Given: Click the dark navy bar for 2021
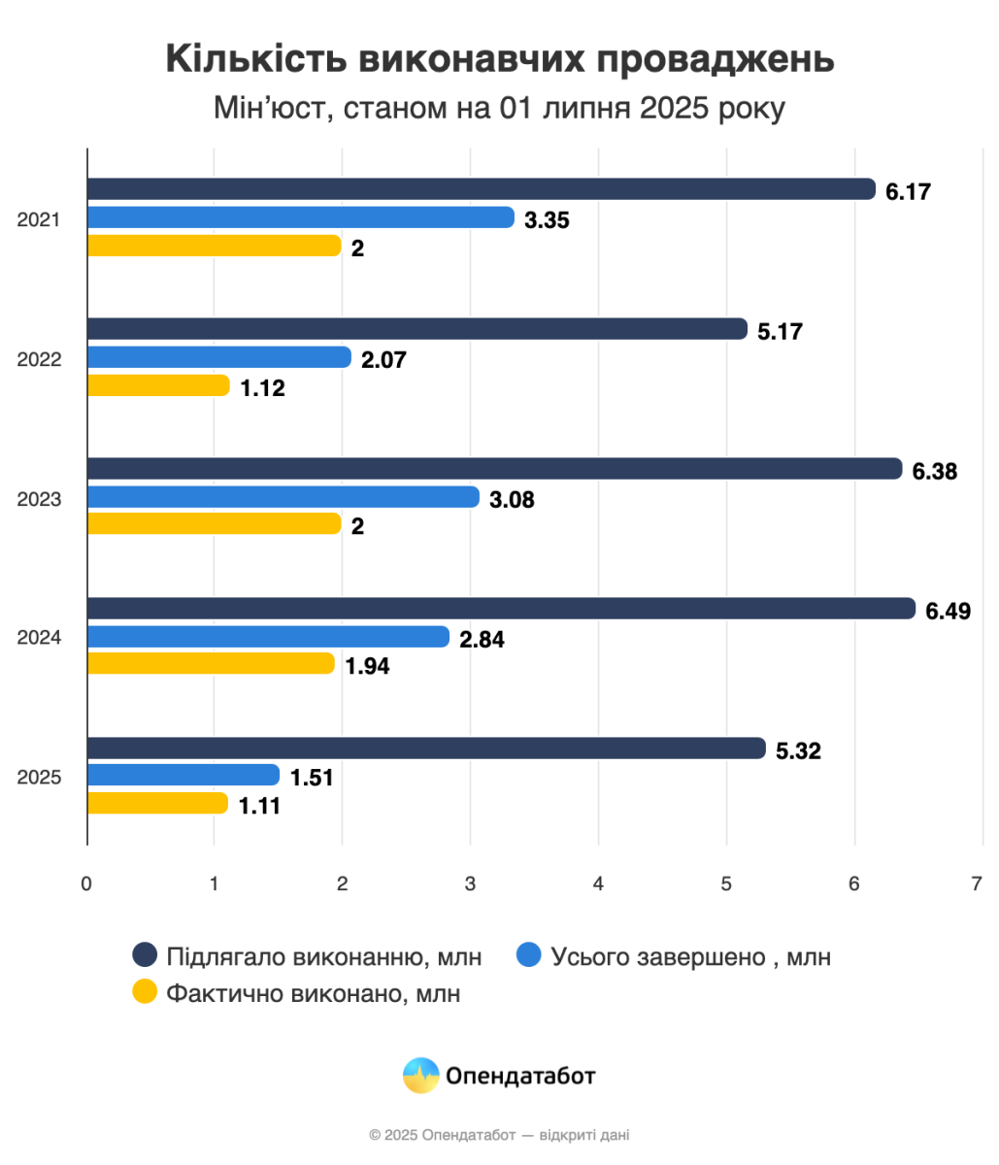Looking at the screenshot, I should (x=481, y=189).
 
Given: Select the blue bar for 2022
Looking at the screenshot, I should (x=218, y=357).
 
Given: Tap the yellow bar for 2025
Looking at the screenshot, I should (x=157, y=803).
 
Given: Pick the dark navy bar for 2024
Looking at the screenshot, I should (x=501, y=609).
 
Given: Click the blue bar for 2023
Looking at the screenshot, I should (x=283, y=497).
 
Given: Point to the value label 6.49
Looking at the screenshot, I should (x=949, y=611).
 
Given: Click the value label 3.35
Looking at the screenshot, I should (x=547, y=219).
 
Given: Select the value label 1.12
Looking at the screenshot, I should (x=263, y=387).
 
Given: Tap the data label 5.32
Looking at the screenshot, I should (x=799, y=750).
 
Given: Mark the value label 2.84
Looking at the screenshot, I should (x=483, y=639).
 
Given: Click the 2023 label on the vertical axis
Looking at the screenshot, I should (x=40, y=499).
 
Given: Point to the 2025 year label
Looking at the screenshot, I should (x=40, y=778).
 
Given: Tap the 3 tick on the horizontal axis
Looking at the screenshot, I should (x=470, y=884).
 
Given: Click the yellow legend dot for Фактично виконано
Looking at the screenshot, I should (x=145, y=993).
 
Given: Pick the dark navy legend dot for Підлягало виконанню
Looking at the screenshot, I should (x=145, y=956).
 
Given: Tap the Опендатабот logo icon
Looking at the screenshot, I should (x=421, y=1075).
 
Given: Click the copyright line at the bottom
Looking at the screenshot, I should (x=499, y=1134).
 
